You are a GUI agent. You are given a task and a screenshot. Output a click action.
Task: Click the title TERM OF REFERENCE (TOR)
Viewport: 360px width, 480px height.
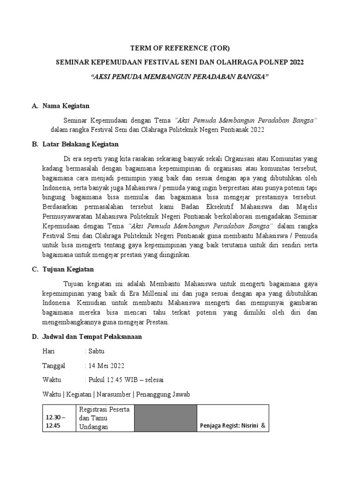[x=180, y=48]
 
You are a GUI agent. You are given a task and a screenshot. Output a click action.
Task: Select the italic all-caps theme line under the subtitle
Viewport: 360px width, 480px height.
[x=180, y=75]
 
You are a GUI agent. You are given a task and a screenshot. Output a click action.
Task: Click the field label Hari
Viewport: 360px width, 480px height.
[x=49, y=351]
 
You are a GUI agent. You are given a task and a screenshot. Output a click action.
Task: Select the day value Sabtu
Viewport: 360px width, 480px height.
[x=96, y=351]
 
